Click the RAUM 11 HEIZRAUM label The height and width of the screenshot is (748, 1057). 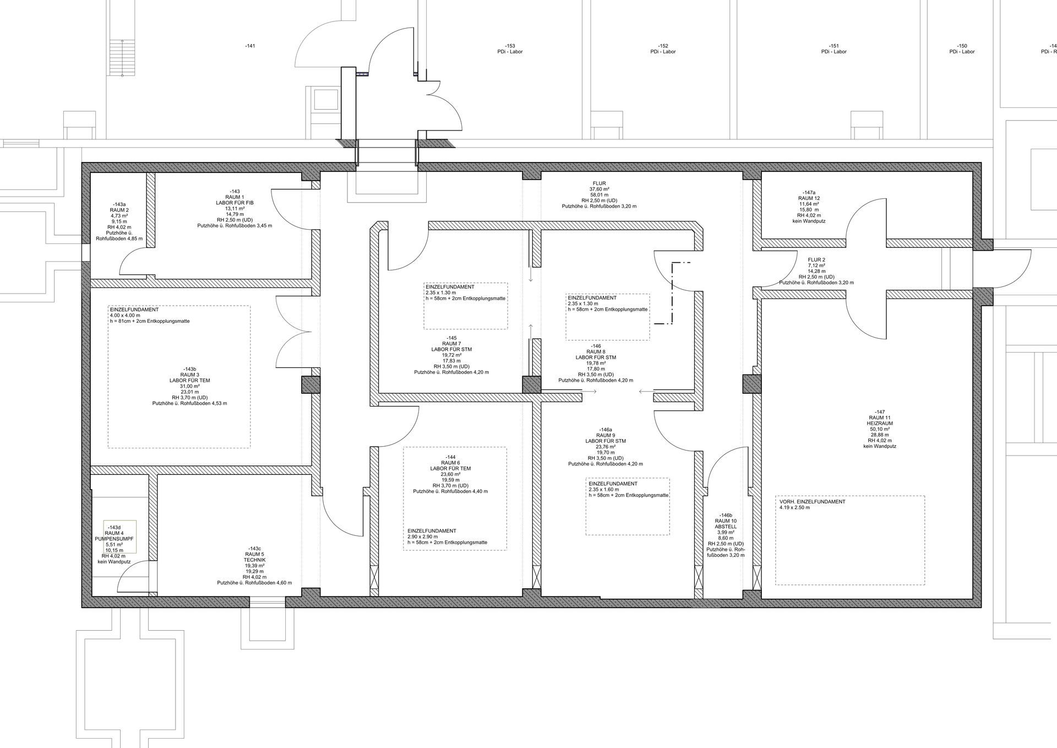click(x=880, y=420)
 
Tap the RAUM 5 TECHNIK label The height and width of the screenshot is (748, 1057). click(x=255, y=557)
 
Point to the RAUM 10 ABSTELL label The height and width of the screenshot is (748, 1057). click(x=726, y=523)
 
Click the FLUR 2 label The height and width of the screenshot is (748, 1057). click(x=816, y=259)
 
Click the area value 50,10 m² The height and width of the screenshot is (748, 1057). click(x=880, y=429)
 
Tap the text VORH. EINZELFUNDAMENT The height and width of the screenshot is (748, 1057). click(x=813, y=502)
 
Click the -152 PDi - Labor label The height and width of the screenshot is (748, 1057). click(x=663, y=49)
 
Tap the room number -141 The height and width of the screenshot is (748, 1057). click(x=250, y=46)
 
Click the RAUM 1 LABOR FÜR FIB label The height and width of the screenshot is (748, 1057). click(x=235, y=200)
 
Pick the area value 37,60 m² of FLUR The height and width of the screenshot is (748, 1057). click(x=599, y=189)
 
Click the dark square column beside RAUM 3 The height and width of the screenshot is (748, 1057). click(x=310, y=384)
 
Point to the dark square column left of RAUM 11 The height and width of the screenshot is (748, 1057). click(x=751, y=384)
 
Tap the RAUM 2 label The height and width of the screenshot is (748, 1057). click(x=119, y=210)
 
